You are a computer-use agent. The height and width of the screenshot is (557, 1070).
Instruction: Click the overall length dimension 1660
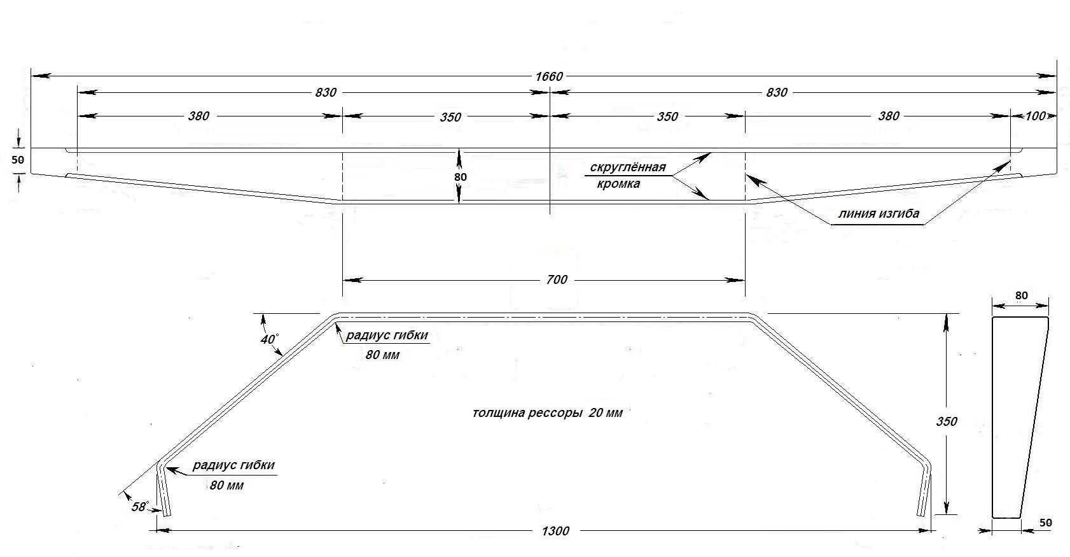point(549,76)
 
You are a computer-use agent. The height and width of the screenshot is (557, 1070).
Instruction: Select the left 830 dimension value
point(325,92)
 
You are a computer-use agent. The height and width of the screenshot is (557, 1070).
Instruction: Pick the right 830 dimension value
point(776,92)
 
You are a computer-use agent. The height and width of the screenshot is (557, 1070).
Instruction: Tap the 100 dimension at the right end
point(1035,116)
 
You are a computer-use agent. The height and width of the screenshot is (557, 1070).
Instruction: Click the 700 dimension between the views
point(556,279)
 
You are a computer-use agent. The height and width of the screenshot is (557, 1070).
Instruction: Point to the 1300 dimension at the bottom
point(557,530)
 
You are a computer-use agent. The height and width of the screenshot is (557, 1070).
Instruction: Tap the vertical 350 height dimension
point(947,421)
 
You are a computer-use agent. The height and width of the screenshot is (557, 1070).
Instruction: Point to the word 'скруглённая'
point(628,167)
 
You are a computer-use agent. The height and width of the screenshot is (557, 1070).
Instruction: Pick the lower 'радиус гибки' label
point(233,465)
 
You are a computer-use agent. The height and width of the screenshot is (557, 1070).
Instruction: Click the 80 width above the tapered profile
point(1021,295)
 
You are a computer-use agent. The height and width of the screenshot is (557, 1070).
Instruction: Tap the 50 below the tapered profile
point(1046,523)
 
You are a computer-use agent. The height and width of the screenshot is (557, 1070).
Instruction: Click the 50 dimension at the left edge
point(18,160)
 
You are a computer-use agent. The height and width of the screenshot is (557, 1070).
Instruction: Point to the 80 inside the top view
point(461,176)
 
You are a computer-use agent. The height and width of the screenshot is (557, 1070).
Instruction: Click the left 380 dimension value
point(198,116)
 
